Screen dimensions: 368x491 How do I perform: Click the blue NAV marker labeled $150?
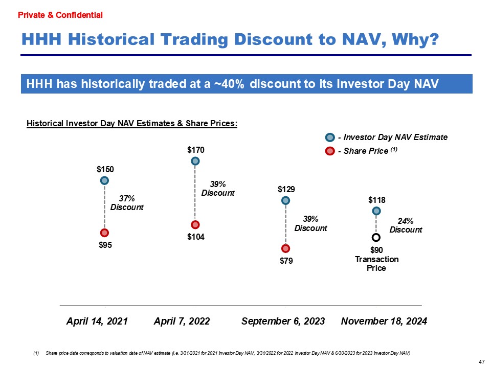click(104, 180)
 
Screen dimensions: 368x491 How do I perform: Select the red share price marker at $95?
click(104, 233)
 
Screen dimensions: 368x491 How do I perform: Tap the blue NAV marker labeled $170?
click(195, 161)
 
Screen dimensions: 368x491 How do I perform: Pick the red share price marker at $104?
click(195, 225)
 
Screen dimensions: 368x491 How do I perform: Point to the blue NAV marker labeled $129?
click(285, 200)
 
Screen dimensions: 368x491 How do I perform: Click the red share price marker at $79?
click(285, 249)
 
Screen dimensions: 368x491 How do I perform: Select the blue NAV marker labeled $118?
click(376, 211)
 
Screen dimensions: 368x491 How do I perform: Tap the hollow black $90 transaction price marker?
click(376, 237)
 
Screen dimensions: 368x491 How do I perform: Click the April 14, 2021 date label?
click(97, 321)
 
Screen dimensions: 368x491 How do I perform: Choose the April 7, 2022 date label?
click(182, 321)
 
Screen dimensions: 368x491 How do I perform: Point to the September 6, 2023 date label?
click(283, 321)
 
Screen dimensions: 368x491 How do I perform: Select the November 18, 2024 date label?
click(384, 321)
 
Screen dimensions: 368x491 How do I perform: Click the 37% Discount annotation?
click(127, 203)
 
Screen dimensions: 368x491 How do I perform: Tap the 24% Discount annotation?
click(406, 225)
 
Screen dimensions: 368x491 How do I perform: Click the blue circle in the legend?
click(330, 137)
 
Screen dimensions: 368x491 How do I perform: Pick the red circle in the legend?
click(330, 151)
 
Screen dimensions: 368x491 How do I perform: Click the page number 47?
click(481, 362)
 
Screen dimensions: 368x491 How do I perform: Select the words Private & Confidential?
click(60, 15)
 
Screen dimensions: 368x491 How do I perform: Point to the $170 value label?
click(195, 150)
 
